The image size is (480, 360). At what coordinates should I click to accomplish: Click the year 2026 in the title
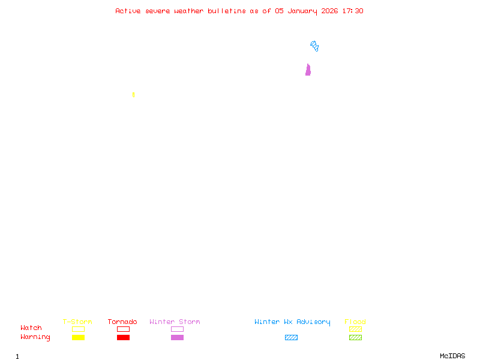coord(329,11)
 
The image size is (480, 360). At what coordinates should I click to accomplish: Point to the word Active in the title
coord(128,11)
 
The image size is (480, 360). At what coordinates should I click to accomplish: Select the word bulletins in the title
coord(227,11)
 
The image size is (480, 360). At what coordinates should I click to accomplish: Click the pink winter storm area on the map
coord(308,70)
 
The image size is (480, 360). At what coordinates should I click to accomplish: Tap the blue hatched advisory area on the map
coord(314,46)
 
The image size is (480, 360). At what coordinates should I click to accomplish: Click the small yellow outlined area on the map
coord(133,95)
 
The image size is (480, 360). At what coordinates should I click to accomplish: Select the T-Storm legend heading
coord(77,322)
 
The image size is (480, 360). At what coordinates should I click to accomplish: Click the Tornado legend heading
coord(122,322)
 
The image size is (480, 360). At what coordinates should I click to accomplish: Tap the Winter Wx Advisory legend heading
coord(292,322)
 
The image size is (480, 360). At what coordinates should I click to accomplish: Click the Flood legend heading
coord(355,322)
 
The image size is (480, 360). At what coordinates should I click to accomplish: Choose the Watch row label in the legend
coord(31,328)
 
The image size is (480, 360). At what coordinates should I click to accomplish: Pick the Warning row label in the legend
coord(35,337)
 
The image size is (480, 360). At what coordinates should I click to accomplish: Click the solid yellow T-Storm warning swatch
coord(78,338)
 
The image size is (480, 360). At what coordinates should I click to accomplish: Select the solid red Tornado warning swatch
coord(123,338)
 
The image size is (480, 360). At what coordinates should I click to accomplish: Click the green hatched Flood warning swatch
coord(355,338)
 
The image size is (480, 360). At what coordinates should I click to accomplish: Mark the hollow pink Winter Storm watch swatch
coord(177,329)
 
